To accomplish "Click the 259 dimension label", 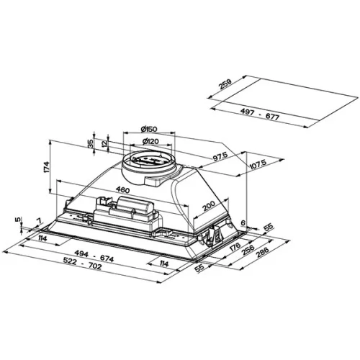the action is click(225, 84).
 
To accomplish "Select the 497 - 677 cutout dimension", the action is click(260, 114).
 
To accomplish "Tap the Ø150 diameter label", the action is click(149, 129).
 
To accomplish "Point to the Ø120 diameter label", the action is click(150, 141).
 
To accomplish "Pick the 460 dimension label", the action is click(122, 190).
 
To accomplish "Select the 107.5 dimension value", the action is click(258, 164).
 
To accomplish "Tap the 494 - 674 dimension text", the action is click(94, 256).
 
